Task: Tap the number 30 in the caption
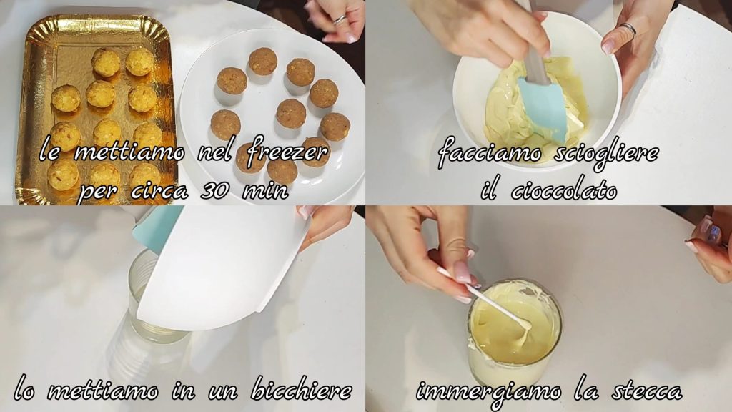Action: [x=215, y=190]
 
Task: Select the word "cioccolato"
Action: [x=564, y=190]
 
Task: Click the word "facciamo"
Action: [x=490, y=153]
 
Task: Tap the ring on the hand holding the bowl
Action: [x=628, y=29]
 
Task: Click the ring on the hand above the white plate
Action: [x=340, y=19]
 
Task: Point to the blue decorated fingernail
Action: [x=713, y=232]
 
